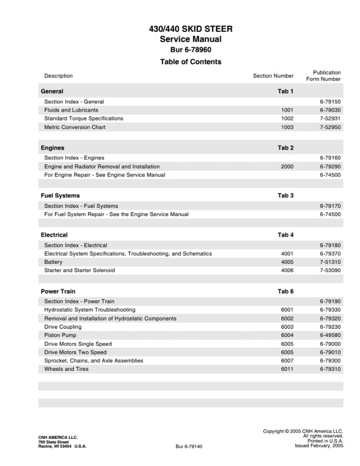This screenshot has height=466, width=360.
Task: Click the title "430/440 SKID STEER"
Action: point(190,29)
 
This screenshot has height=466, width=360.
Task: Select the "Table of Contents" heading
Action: point(190,62)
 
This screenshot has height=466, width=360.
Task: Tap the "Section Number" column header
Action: point(273,76)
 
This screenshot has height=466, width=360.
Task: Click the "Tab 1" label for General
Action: point(285,92)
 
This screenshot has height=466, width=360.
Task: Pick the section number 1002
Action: point(287,118)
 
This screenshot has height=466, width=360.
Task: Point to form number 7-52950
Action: point(330,127)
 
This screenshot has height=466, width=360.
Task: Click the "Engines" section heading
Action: point(52,148)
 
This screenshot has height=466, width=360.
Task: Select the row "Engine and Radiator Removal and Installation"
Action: point(102,167)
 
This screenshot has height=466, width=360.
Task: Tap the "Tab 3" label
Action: point(285,196)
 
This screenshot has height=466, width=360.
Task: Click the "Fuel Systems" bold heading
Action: point(60,196)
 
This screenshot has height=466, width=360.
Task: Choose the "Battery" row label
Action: point(53,262)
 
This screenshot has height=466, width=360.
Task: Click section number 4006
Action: point(287,271)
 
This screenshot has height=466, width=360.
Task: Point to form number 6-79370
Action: point(330,254)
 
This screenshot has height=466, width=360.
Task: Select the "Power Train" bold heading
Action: point(58,292)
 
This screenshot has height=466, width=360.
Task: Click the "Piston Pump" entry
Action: point(60,335)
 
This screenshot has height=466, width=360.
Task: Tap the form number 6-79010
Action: point(330,352)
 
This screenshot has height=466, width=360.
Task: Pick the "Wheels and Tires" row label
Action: point(66,369)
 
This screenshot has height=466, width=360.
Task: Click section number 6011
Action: point(287,369)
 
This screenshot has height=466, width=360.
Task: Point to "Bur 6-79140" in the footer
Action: point(189,446)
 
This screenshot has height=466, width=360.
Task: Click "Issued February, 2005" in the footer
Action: point(319,446)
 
